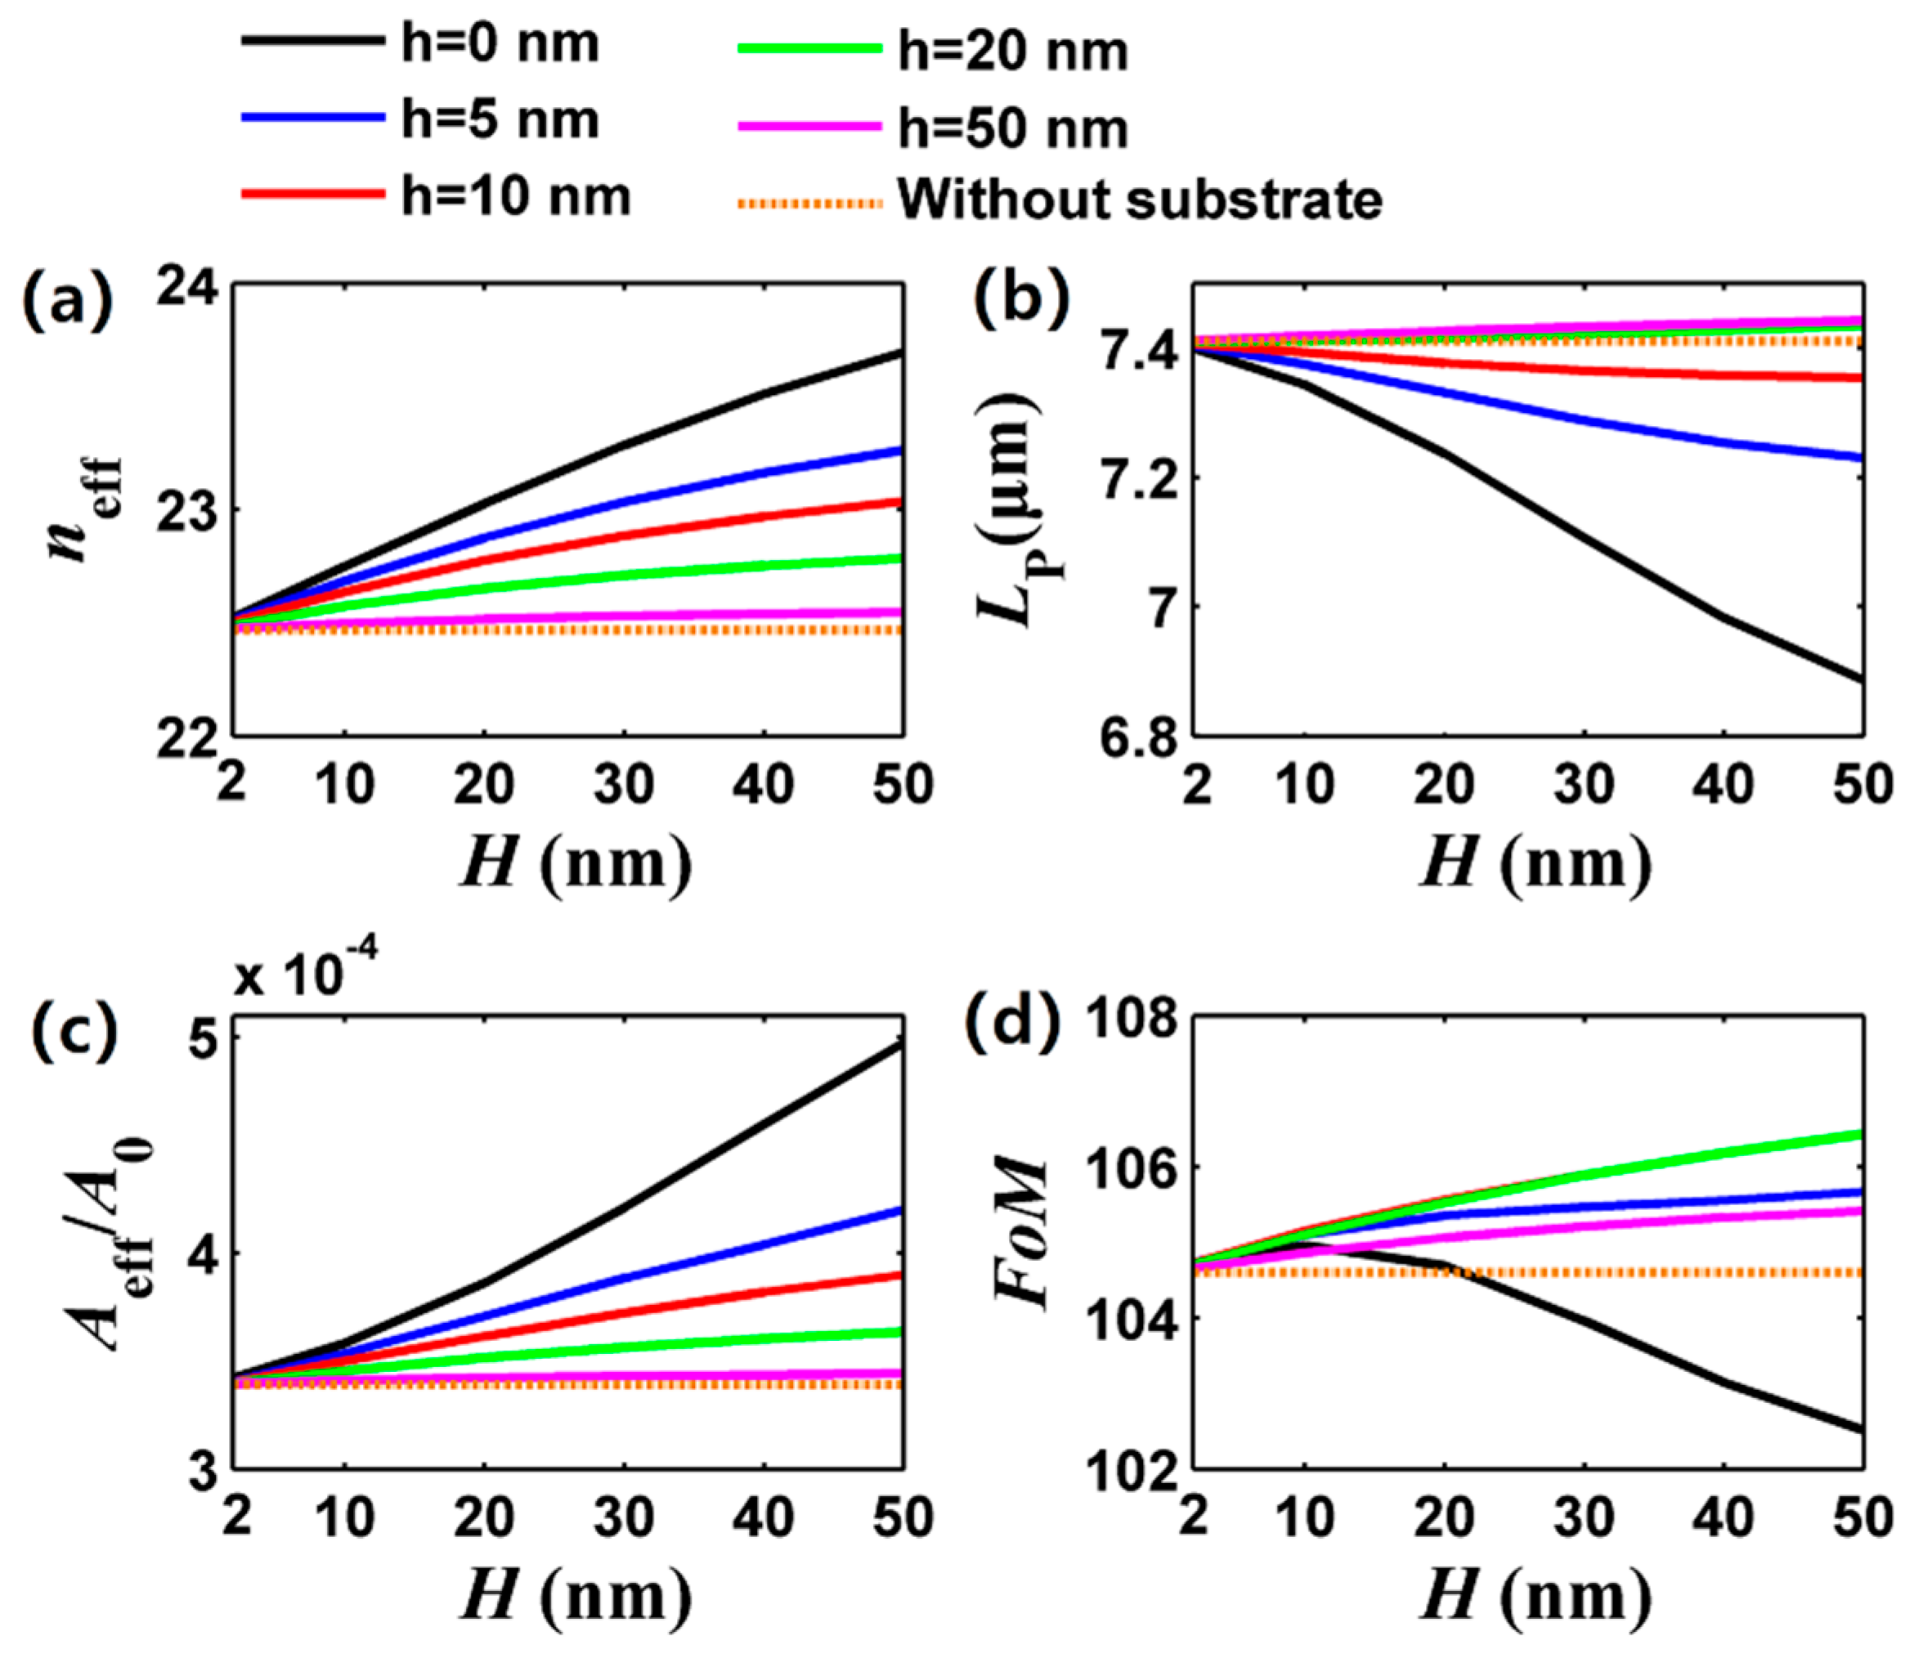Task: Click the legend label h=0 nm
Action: [x=499, y=44]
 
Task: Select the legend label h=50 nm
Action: [x=1012, y=129]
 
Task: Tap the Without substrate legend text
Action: [x=1139, y=199]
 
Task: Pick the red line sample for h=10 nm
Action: [x=312, y=194]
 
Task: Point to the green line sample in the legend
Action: [x=810, y=49]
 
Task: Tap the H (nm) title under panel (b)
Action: [x=1535, y=863]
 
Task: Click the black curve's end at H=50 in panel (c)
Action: [x=902, y=1046]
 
